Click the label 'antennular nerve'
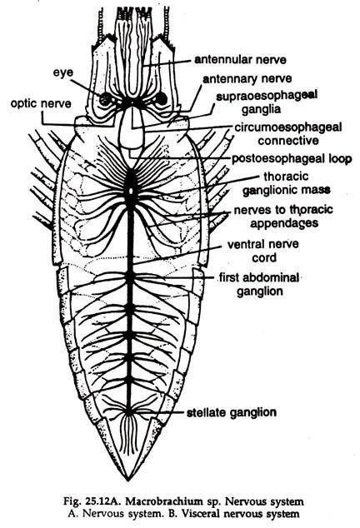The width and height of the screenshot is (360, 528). coord(241,60)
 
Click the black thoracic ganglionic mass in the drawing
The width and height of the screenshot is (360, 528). coord(131,186)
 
